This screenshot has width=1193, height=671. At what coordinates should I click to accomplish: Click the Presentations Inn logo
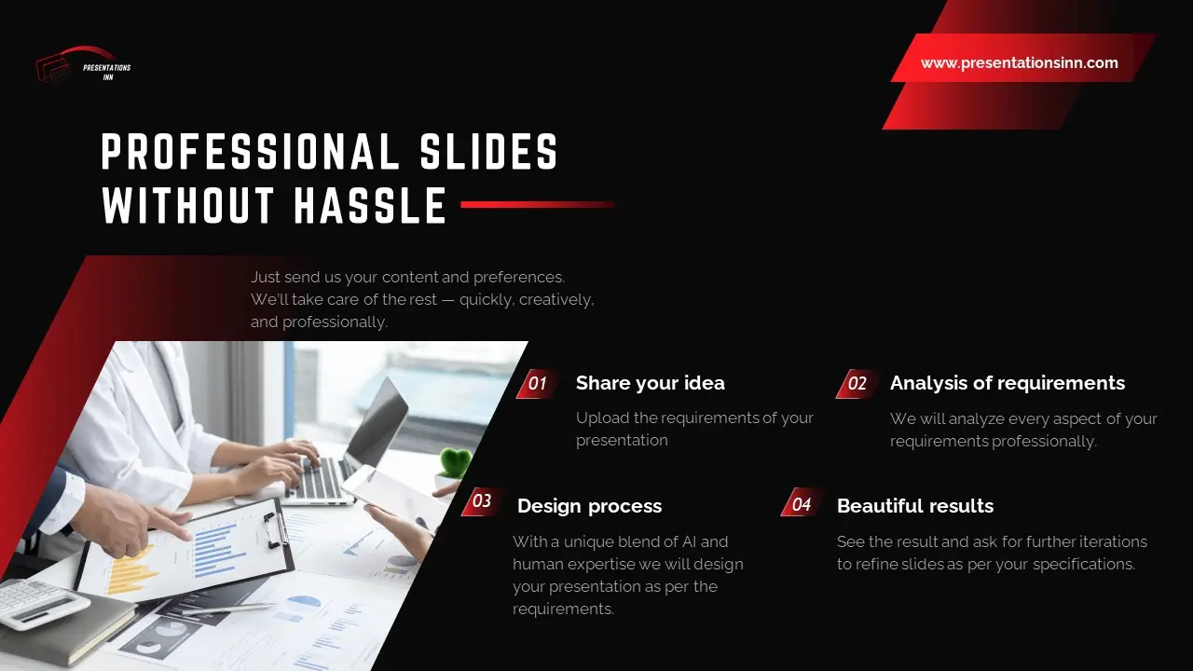coord(83,66)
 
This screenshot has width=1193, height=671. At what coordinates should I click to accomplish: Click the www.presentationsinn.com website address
coord(1019,63)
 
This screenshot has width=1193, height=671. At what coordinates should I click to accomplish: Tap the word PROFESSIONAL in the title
coord(251,152)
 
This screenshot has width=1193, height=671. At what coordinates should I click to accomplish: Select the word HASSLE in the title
coord(371,206)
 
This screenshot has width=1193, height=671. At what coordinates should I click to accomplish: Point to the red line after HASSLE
coord(537,204)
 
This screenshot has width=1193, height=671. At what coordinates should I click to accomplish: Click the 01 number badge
coord(538,383)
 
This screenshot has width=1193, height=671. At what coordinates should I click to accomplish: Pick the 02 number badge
coord(857,383)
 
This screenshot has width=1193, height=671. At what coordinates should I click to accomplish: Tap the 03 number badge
coord(482,501)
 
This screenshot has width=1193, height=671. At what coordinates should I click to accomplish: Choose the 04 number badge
coord(802,505)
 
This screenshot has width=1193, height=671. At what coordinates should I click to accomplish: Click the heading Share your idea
coord(650,383)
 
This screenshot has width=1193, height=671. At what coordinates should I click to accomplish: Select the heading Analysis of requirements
coord(1007,383)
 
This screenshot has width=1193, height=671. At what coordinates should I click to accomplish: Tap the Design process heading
coord(589,506)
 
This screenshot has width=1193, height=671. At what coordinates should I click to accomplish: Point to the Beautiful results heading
coord(914,506)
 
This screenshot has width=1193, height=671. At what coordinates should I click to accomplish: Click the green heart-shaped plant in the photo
coord(455,463)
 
